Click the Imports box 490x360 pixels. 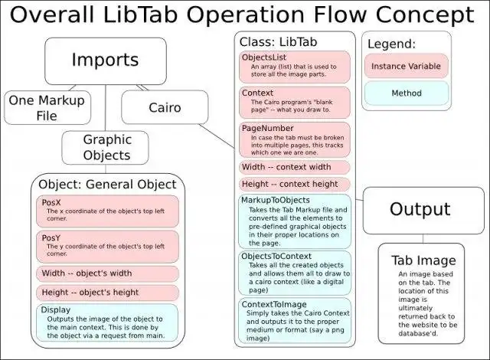pos(104,61)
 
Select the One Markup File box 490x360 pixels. pos(47,108)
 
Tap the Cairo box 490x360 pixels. pos(165,108)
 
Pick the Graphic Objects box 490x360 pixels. pos(107,148)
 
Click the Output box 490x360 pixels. pos(420,209)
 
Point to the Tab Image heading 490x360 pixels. pos(423,260)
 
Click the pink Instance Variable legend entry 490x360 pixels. pos(406,67)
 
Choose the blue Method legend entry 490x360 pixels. pos(406,93)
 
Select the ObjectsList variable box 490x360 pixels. pos(295,67)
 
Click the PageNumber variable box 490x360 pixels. pos(295,139)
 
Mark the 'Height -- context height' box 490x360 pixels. pos(295,184)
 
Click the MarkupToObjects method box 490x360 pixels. pos(295,220)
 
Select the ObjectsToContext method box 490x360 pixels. pos(295,272)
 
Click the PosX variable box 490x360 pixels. pos(107,211)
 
